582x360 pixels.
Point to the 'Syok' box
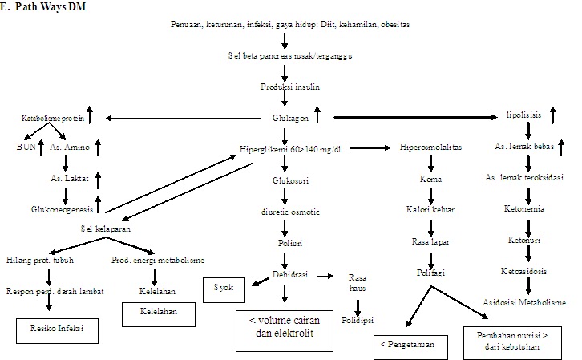pos(225,287)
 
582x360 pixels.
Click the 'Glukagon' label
pos(289,119)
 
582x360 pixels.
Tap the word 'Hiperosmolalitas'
pos(430,148)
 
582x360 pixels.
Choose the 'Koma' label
pos(431,180)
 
